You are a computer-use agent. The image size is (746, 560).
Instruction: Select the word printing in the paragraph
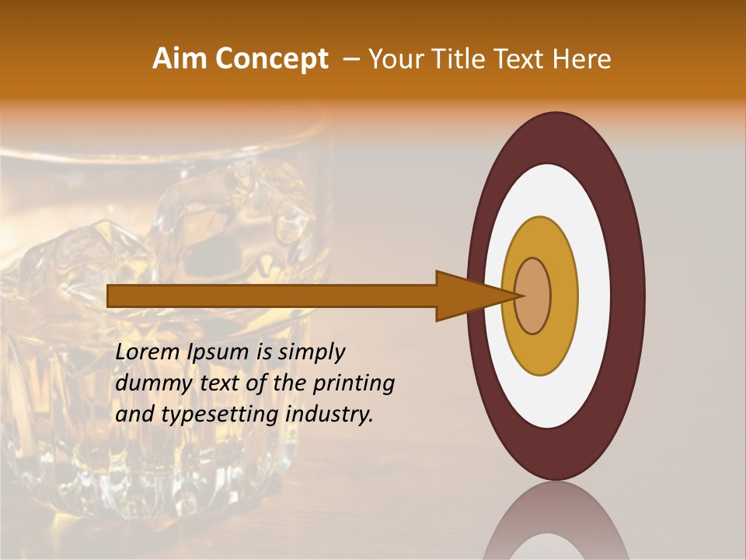point(354,383)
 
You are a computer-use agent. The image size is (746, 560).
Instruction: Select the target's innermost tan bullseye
point(533,296)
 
